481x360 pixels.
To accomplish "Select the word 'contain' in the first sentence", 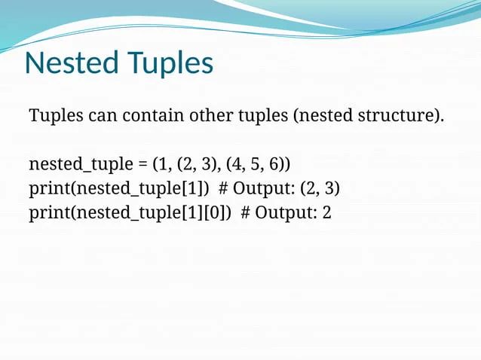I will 149,117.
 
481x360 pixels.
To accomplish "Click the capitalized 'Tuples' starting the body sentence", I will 56,117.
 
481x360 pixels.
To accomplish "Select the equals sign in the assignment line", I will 142,164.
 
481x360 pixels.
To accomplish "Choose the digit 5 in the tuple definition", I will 260,164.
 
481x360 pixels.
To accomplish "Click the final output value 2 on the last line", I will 326,212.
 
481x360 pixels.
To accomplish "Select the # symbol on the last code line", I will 245,212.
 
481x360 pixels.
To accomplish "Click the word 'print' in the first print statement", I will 47,188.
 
